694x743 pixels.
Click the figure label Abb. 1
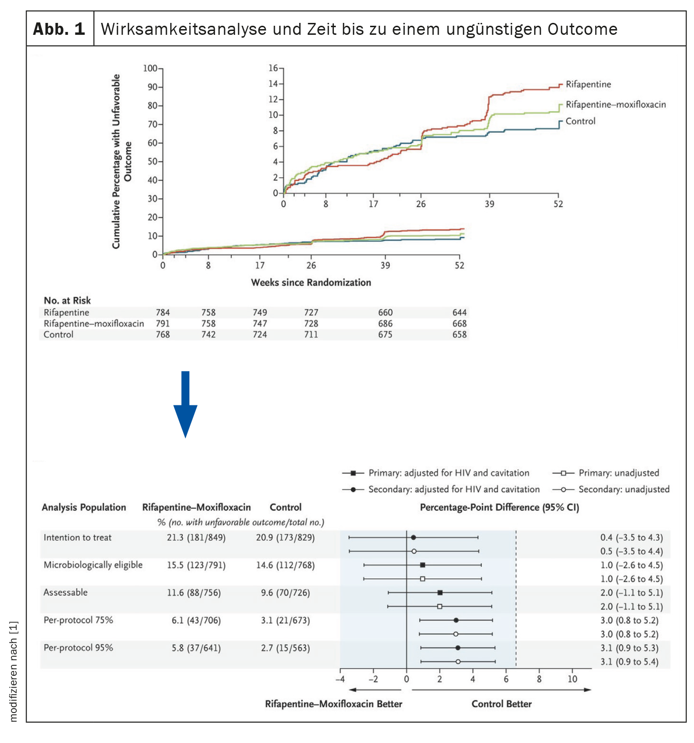[x=59, y=29]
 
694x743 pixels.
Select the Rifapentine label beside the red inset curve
[x=588, y=84]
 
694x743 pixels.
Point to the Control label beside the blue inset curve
[x=580, y=121]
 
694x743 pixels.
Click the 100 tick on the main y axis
[x=150, y=68]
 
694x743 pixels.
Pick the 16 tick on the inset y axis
[x=273, y=68]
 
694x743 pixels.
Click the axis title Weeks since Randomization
[x=311, y=282]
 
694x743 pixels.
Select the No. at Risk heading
[x=67, y=300]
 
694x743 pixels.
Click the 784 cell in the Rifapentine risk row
[x=163, y=312]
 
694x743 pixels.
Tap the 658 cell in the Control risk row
[x=459, y=334]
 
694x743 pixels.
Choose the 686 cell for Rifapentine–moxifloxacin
[x=385, y=323]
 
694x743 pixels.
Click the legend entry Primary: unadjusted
[x=618, y=473]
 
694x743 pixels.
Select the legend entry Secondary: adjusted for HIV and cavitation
[x=454, y=489]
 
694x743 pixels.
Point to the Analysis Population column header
[x=84, y=507]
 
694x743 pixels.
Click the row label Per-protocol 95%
[x=78, y=648]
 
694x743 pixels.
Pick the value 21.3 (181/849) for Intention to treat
[x=196, y=537]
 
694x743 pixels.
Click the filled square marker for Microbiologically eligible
[x=422, y=565]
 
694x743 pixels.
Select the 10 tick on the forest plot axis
[x=572, y=679]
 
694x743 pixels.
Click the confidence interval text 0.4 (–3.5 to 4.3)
[x=631, y=537]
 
